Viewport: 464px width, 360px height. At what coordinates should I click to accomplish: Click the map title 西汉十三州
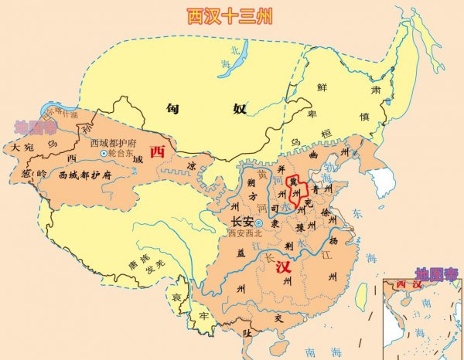(231, 17)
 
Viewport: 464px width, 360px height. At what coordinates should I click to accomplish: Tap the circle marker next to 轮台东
(104, 154)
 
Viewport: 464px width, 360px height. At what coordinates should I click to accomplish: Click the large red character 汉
(282, 268)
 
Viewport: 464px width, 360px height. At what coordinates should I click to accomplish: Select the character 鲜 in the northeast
(323, 87)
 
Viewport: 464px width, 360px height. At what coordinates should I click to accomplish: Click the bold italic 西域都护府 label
(85, 175)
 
